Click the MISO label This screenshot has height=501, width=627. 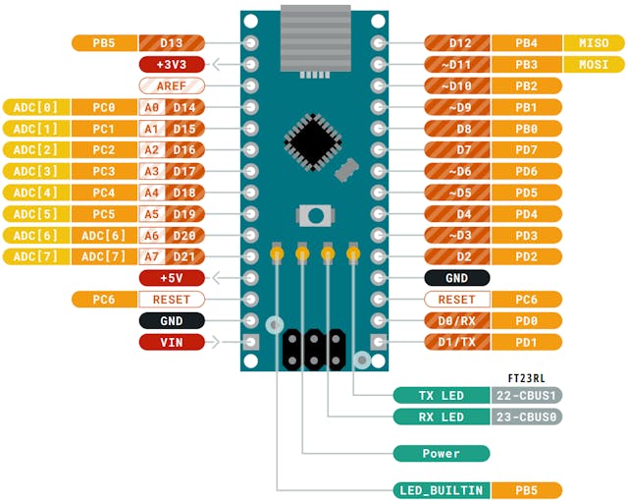click(x=593, y=43)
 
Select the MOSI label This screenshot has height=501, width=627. click(x=593, y=65)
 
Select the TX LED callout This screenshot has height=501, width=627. click(x=441, y=395)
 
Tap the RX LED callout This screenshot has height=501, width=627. click(x=441, y=417)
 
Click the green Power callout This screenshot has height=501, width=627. click(x=441, y=453)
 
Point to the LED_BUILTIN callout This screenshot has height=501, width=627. click(x=441, y=489)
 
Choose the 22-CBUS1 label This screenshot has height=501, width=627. click(x=526, y=395)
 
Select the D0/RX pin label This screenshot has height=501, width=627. click(x=456, y=320)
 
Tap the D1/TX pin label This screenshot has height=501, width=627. click(x=456, y=342)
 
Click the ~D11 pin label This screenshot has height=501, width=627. click(x=456, y=65)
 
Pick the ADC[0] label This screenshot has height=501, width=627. click(x=35, y=107)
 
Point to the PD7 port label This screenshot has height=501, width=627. click(x=526, y=150)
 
